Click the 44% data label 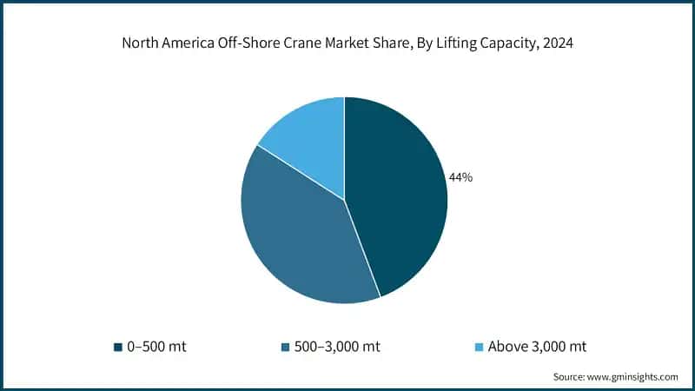(x=460, y=177)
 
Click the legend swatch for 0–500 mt (x=116, y=347)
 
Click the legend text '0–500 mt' (x=156, y=347)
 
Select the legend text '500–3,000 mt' (x=337, y=347)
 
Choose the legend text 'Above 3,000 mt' (x=537, y=347)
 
